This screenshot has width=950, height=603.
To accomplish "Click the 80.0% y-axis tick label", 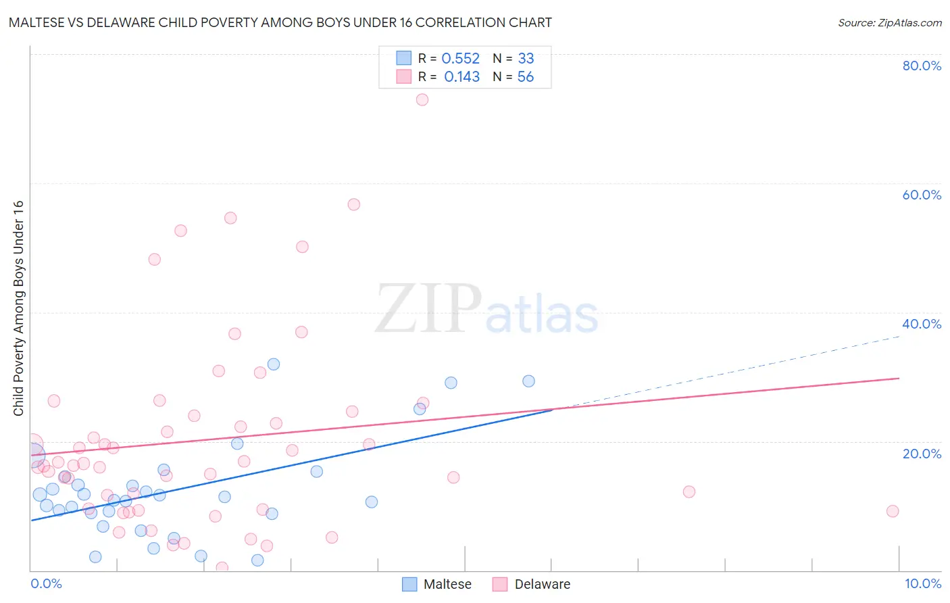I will [922, 66].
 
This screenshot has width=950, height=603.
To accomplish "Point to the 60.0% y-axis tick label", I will [922, 195].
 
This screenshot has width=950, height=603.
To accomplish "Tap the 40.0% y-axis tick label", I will [922, 324].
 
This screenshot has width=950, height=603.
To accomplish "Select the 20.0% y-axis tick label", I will [922, 454].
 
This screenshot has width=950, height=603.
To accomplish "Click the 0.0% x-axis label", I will [46, 583].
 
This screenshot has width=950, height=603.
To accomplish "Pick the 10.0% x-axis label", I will [922, 583].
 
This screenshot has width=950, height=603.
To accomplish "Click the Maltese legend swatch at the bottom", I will [409, 584].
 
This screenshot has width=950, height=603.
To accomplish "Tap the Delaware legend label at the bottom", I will [542, 584].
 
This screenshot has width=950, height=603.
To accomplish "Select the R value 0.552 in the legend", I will [460, 59].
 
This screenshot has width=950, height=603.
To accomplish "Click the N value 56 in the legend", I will [525, 77].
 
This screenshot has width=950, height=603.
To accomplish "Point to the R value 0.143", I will [461, 77].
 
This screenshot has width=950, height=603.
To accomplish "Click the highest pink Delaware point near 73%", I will [422, 99].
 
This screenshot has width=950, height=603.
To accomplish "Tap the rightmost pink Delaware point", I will [893, 511].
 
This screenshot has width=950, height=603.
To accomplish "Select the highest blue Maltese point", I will [274, 364].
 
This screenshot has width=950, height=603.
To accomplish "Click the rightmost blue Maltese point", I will [528, 381].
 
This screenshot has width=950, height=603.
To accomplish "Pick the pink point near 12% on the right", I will [689, 491].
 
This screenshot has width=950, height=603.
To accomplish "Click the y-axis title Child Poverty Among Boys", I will [18, 308].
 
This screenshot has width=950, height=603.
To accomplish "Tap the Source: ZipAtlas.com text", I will [889, 23].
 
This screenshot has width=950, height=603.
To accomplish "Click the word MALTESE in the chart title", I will [39, 23].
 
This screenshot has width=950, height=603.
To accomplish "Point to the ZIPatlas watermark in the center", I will [486, 309].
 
